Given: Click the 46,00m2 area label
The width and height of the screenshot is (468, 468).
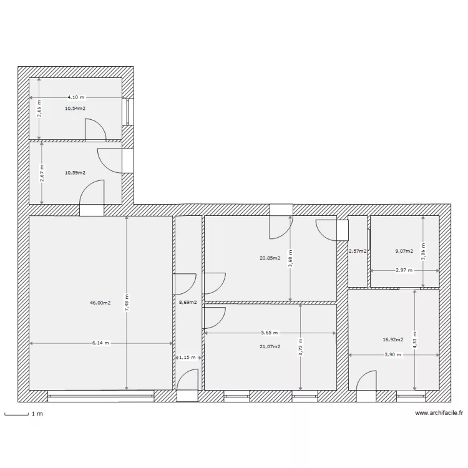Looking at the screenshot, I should [x=100, y=303].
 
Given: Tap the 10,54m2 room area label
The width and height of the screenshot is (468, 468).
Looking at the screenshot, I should [x=75, y=108].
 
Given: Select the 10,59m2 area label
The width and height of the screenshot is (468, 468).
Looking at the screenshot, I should [x=75, y=173].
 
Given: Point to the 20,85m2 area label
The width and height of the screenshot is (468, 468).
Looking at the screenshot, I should [x=270, y=258].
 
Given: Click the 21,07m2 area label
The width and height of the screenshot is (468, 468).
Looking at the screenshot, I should [x=270, y=346].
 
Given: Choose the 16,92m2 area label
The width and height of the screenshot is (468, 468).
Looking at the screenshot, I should [x=393, y=340].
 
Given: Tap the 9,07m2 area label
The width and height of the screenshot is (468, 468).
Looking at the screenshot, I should [x=404, y=251].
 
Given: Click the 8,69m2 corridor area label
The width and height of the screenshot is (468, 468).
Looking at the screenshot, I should [x=188, y=303].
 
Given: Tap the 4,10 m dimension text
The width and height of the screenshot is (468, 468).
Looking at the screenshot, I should [x=76, y=97].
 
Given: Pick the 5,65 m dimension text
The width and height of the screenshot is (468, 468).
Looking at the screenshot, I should [x=270, y=333].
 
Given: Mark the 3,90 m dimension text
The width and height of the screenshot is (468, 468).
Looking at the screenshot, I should [x=393, y=354].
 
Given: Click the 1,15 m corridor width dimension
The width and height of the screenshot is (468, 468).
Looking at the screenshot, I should [x=187, y=358].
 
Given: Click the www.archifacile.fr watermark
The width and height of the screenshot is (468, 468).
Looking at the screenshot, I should [x=439, y=413].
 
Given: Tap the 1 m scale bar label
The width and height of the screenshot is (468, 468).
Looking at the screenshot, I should [x=37, y=414].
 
